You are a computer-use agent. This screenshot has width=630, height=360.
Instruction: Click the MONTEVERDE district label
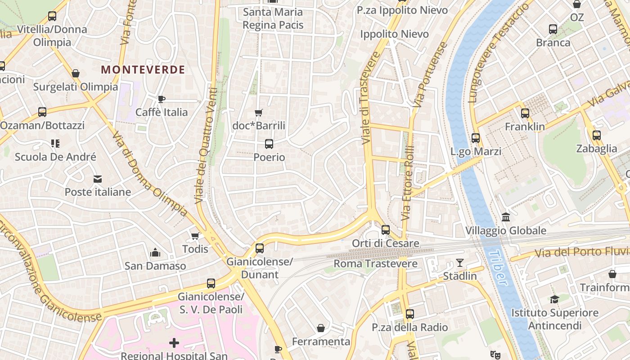143,70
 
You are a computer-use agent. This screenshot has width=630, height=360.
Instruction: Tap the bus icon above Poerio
269,144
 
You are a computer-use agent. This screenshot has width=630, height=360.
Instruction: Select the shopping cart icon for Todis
195,236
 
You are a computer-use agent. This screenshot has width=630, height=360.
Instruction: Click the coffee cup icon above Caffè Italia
162,99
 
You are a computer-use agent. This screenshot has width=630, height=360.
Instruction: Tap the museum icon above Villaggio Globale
506,217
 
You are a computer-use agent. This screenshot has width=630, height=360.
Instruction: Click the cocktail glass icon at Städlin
459,262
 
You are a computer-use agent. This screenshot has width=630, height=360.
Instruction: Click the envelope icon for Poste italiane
98,179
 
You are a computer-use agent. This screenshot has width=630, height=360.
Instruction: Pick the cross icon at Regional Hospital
174,343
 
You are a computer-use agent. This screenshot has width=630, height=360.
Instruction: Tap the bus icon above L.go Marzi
476,138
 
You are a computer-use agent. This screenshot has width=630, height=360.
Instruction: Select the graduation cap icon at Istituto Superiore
554,299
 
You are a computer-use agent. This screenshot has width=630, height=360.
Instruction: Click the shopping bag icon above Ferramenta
321,328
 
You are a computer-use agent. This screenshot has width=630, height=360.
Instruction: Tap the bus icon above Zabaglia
597,135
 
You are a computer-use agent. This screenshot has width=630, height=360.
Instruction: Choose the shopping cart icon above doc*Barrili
258,112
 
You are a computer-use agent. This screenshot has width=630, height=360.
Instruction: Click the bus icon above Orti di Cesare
386,230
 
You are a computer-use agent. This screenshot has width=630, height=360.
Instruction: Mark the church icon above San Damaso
155,252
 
